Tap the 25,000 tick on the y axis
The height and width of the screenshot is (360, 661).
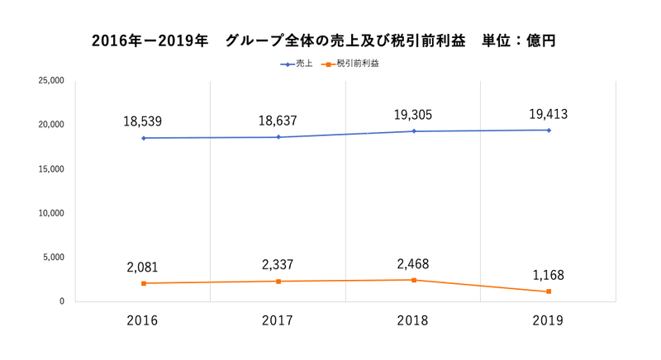51,81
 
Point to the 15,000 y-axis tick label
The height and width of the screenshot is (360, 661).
51,169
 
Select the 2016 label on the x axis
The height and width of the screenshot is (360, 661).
143,320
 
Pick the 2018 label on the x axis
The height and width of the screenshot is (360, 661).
413,320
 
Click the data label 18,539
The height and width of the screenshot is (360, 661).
144,121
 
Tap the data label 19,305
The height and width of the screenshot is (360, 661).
413,115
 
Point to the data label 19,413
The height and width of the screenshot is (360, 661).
548,114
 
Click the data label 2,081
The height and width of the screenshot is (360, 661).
142,268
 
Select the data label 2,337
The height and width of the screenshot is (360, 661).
278,265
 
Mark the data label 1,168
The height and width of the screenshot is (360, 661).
548,276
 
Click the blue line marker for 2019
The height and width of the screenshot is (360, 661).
549,130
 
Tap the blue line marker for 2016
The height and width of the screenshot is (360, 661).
143,138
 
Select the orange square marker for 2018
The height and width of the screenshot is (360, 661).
413,280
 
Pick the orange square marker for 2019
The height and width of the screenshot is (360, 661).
549,291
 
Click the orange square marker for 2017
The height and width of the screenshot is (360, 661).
278,282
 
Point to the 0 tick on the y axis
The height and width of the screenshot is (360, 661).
61,301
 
